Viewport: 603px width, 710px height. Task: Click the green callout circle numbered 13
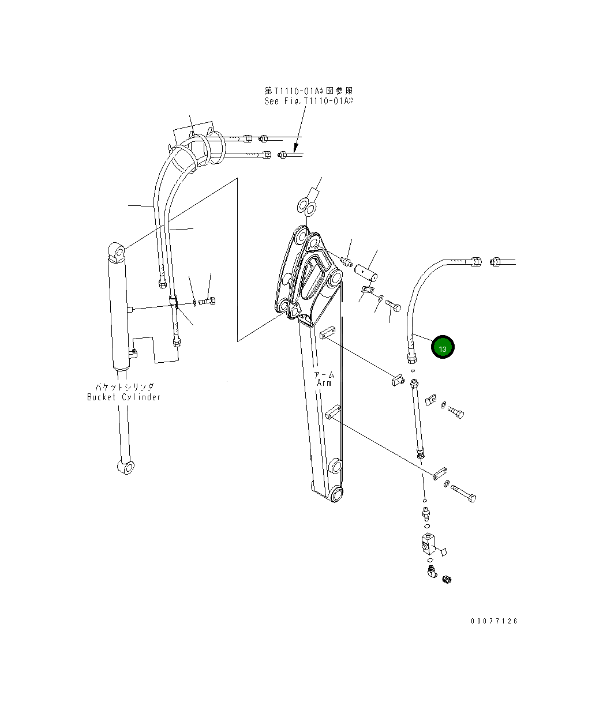click(x=443, y=348)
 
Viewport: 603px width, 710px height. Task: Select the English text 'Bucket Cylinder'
click(x=123, y=397)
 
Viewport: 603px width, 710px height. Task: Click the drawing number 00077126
click(x=494, y=621)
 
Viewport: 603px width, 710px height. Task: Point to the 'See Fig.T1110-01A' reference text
click(x=308, y=101)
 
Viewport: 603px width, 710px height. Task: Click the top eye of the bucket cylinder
click(x=117, y=251)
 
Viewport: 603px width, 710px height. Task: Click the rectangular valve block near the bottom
click(x=429, y=544)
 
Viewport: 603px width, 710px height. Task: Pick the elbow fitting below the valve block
click(x=431, y=572)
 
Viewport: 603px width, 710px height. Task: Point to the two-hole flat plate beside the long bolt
click(x=440, y=474)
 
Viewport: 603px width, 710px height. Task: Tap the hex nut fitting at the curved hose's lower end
click(x=411, y=359)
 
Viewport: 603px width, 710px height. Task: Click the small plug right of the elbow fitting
click(x=447, y=578)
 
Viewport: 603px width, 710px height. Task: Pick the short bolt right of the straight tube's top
click(x=456, y=412)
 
